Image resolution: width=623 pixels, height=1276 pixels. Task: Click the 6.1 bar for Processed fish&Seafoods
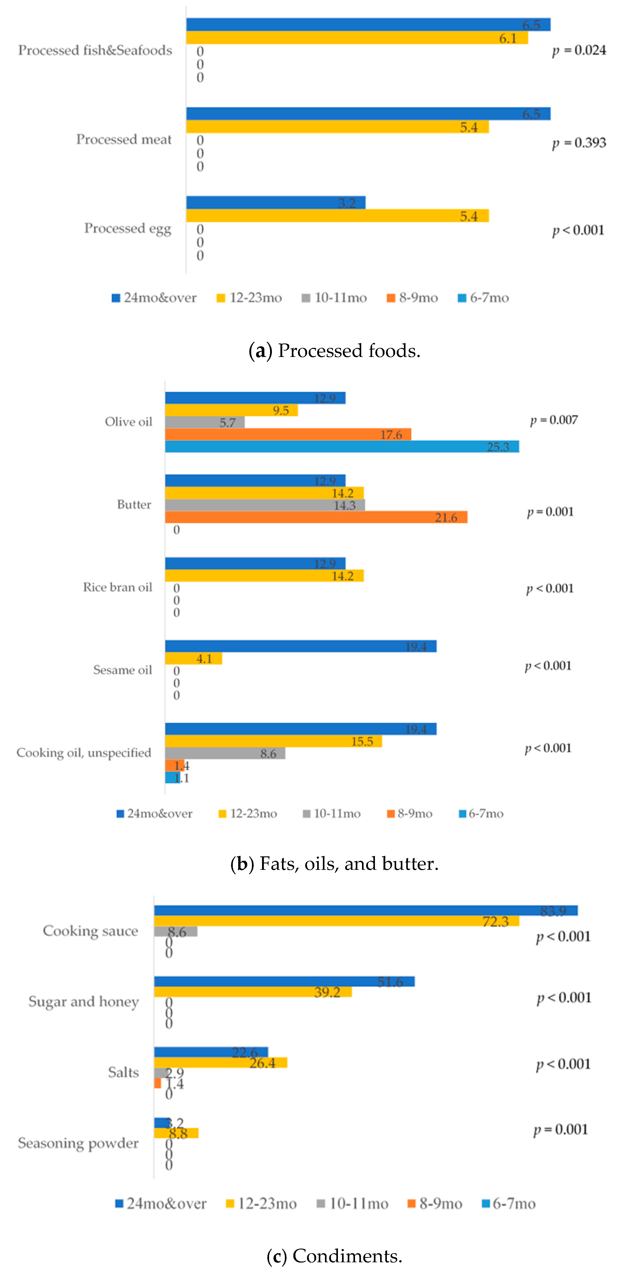coord(357,38)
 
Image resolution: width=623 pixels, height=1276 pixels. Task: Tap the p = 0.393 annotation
coord(579,143)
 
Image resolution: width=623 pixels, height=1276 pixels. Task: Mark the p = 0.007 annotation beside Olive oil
coord(554,420)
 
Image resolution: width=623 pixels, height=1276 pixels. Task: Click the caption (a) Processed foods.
coord(334,351)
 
